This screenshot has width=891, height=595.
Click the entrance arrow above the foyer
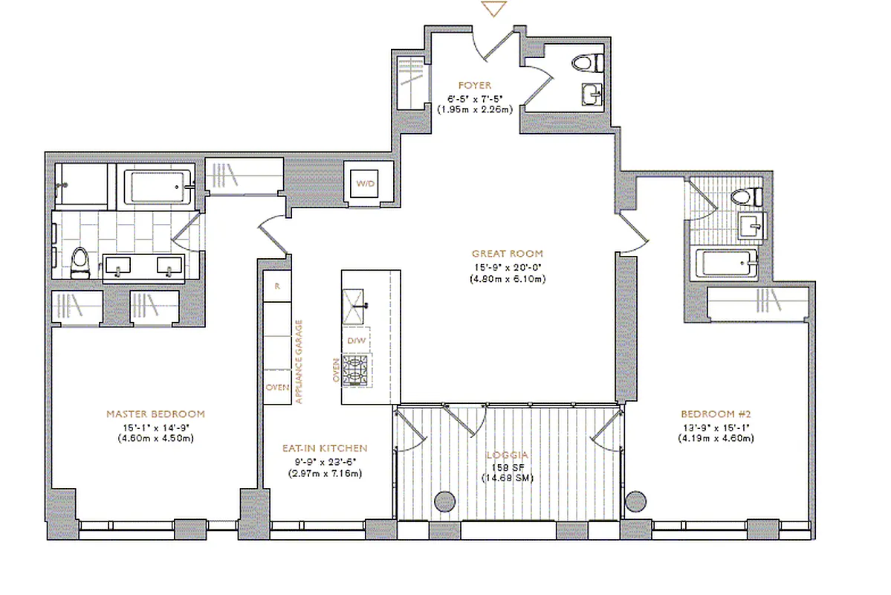tap(493, 9)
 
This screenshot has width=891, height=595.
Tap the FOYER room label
tap(474, 86)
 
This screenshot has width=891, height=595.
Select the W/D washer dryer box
tap(364, 184)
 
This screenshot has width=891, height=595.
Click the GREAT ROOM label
tap(507, 254)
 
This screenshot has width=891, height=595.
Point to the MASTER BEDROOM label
tap(156, 414)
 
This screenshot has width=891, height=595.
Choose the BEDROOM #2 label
tap(716, 414)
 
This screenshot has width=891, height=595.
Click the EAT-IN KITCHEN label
tap(325, 448)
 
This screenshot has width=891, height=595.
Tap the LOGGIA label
tap(507, 455)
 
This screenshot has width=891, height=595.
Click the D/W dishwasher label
tap(356, 341)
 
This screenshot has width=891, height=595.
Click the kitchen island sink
tap(354, 306)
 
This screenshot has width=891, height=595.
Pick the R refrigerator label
tap(277, 286)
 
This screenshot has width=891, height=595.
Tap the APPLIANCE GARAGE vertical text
tap(299, 361)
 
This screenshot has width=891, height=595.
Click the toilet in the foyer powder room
tap(588, 62)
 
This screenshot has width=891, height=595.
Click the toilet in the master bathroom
tap(80, 263)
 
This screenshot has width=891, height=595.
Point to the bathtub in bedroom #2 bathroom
tap(727, 263)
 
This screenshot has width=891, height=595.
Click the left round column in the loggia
tap(444, 501)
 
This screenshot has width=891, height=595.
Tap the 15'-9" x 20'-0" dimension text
tap(507, 267)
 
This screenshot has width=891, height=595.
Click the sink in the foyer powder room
tap(592, 94)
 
